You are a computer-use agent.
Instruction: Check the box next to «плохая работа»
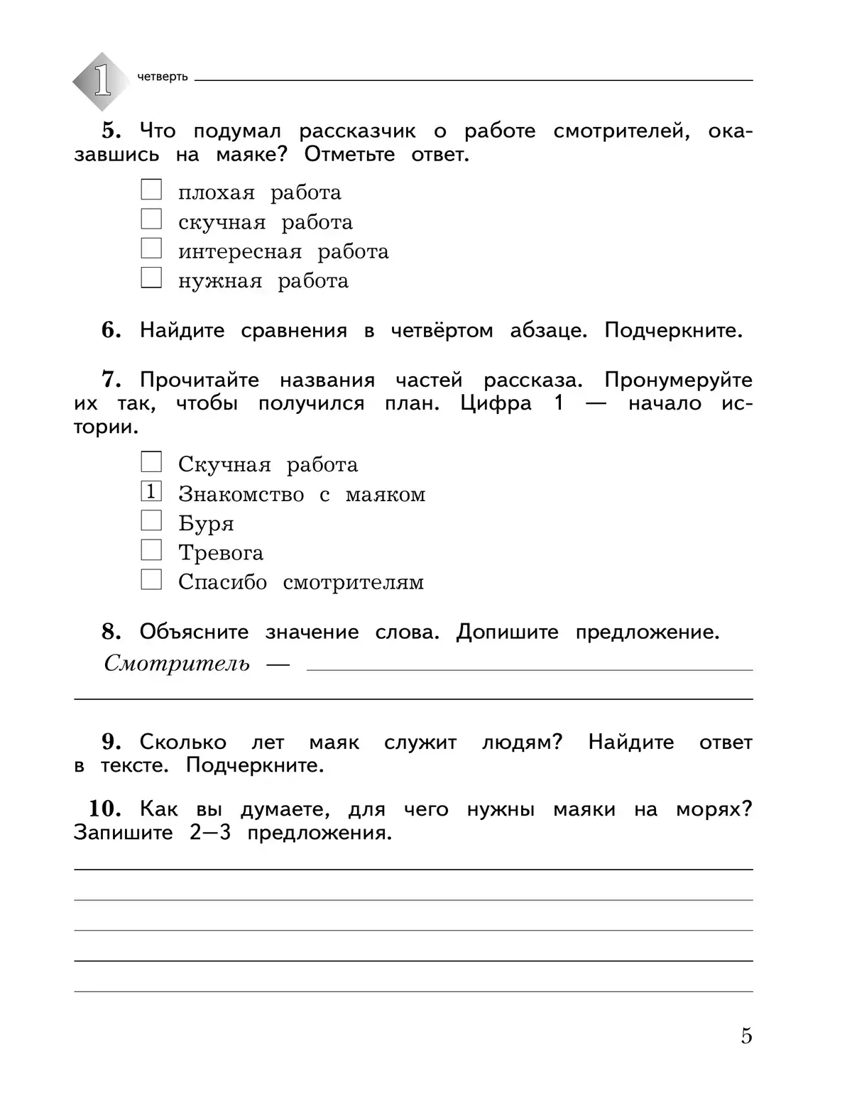pyautogui.click(x=151, y=190)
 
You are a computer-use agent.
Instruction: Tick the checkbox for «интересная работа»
pyautogui.click(x=151, y=249)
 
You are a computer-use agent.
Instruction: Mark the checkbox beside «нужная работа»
pyautogui.click(x=151, y=278)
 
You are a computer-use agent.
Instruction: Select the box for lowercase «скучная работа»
pyautogui.click(x=151, y=219)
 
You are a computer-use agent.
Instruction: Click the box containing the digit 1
pyautogui.click(x=151, y=491)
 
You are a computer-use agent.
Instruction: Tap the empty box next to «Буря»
pyautogui.click(x=151, y=521)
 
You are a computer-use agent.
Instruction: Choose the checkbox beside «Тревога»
pyautogui.click(x=151, y=550)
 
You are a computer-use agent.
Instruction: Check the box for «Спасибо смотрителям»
pyautogui.click(x=151, y=580)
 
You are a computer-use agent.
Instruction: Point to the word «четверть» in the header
pyautogui.click(x=163, y=77)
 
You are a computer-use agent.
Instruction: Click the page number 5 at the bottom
pyautogui.click(x=746, y=1036)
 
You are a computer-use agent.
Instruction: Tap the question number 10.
pyautogui.click(x=104, y=809)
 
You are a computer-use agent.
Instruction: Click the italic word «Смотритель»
pyautogui.click(x=177, y=664)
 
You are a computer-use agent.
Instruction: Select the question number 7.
pyautogui.click(x=111, y=380)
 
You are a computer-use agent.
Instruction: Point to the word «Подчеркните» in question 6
pyautogui.click(x=672, y=331)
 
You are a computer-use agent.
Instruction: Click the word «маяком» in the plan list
pyautogui.click(x=386, y=494)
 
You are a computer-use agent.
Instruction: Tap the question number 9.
pyautogui.click(x=111, y=743)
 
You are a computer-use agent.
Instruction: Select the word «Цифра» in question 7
pyautogui.click(x=496, y=403)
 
